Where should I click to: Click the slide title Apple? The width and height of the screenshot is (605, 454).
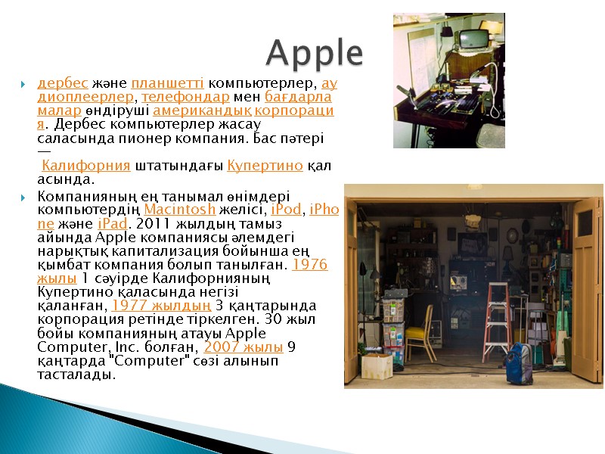point(315,53)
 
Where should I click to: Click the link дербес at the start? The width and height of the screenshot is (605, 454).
point(63,82)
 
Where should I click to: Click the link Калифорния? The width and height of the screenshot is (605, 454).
point(86,166)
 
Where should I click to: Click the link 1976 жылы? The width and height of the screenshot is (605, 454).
point(310,265)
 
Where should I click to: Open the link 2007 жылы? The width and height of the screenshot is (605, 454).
point(244,347)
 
